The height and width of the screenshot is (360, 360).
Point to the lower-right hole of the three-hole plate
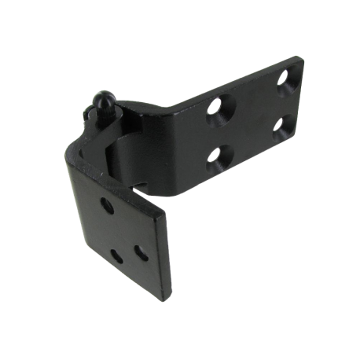(141, 252)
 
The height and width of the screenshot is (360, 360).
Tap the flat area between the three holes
(126, 232)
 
